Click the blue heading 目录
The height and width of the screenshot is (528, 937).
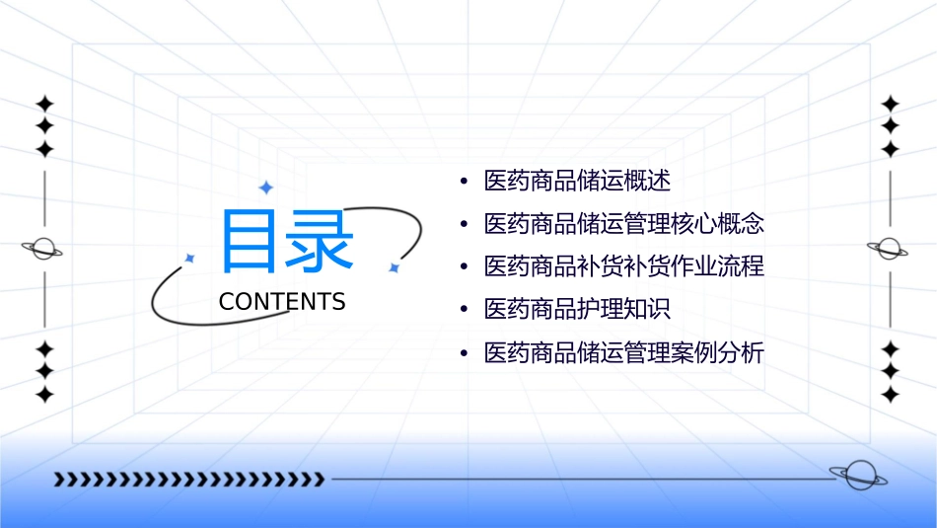pyautogui.click(x=286, y=241)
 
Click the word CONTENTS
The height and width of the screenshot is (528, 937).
pyautogui.click(x=282, y=302)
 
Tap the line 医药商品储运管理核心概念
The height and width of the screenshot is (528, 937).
pyautogui.click(x=624, y=223)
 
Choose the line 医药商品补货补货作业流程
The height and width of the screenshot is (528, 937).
pyautogui.click(x=624, y=266)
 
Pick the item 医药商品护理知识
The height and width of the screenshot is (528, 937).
pyautogui.click(x=577, y=309)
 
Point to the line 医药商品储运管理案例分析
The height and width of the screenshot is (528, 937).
pyautogui.click(x=624, y=352)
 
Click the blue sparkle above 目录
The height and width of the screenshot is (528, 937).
pyautogui.click(x=264, y=188)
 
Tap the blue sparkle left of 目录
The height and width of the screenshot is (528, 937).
pyautogui.click(x=189, y=258)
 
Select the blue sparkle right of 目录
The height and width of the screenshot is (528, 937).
pyautogui.click(x=393, y=267)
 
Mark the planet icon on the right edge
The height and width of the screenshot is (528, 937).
pyautogui.click(x=890, y=249)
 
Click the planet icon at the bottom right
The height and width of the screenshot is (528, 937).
pyautogui.click(x=857, y=476)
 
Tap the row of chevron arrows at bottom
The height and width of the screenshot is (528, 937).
pyautogui.click(x=188, y=480)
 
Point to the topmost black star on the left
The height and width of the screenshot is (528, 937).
pyautogui.click(x=43, y=104)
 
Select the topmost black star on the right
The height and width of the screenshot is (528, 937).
pyautogui.click(x=890, y=104)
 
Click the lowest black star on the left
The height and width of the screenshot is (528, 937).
pyautogui.click(x=43, y=395)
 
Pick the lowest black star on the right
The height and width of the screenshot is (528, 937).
pyautogui.click(x=890, y=395)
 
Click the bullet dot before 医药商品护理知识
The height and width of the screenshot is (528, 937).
pyautogui.click(x=464, y=310)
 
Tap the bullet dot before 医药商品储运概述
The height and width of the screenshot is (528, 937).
pyautogui.click(x=464, y=182)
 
